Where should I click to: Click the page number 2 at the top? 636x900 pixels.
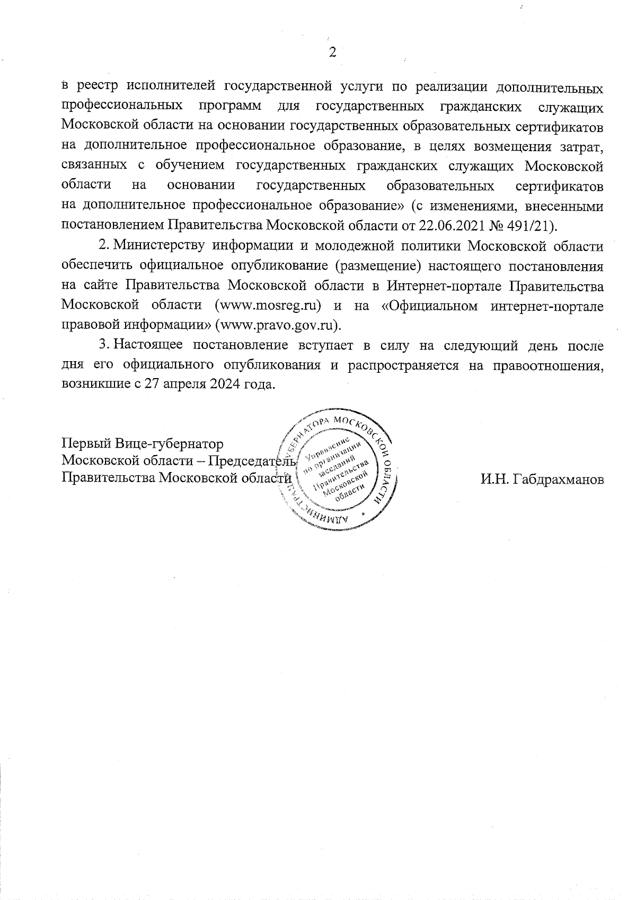tap(333, 52)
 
